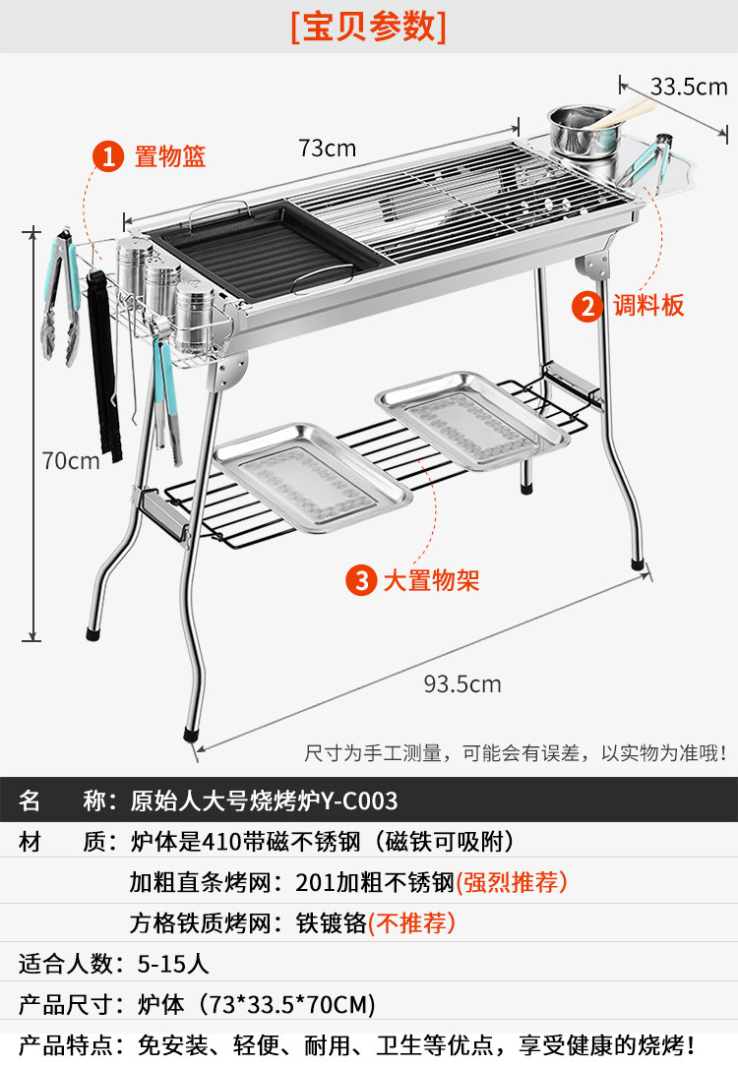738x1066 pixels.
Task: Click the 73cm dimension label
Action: coord(327,148)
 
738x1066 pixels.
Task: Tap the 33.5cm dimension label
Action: coord(689,87)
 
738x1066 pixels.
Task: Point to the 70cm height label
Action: coord(71,459)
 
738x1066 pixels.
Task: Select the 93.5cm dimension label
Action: coord(462,684)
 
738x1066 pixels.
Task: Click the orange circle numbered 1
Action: coord(107,156)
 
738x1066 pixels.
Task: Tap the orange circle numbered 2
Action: coord(587,306)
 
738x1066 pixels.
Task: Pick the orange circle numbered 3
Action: coord(361,581)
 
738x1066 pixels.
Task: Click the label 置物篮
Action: coord(169,156)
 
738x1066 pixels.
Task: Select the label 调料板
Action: coord(646,306)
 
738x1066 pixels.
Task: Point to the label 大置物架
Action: coord(431,581)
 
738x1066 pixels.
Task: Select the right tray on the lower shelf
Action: coord(470,418)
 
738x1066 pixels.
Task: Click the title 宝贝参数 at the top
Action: coord(368,27)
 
